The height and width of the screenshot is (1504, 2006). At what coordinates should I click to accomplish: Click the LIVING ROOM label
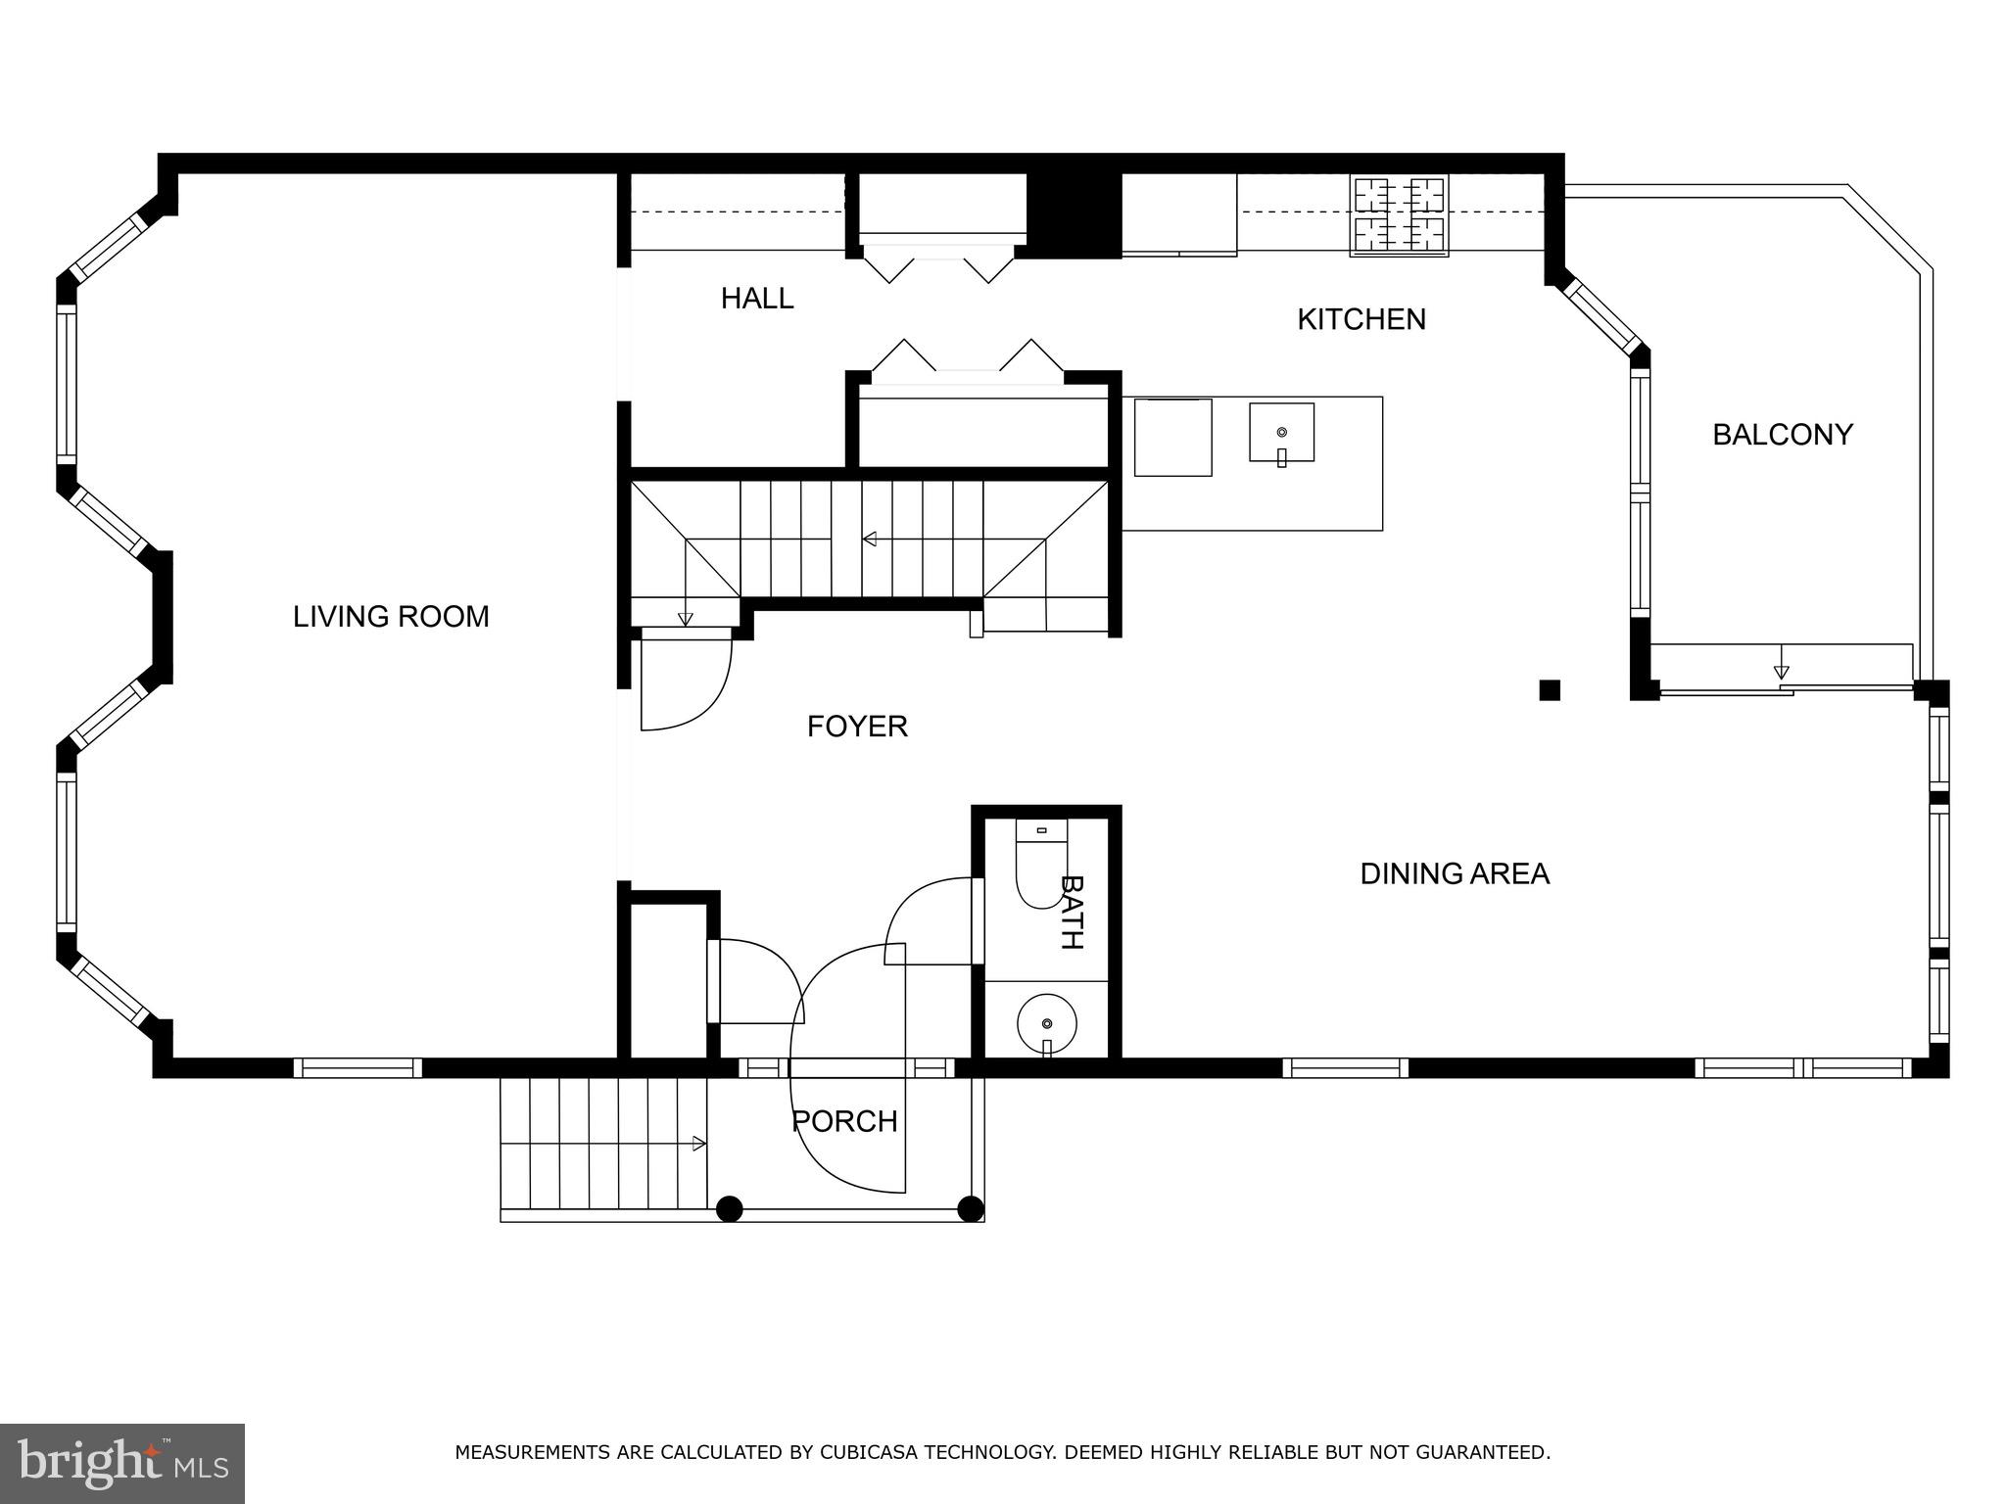pos(391,617)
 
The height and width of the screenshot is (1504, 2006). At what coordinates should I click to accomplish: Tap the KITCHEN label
pos(1361,319)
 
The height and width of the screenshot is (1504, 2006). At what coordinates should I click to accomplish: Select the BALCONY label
pos(1782,435)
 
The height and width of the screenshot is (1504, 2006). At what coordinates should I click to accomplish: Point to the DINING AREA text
pos(1454,873)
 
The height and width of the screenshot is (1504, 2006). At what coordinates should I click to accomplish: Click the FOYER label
pos(857,727)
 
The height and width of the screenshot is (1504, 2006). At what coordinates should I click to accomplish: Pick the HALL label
pos(756,299)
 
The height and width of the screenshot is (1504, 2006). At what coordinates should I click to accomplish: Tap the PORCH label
pos(844,1121)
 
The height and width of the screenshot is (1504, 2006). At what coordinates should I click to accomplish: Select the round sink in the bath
pos(1046,1023)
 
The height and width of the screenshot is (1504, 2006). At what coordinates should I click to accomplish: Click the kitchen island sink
pos(1281,433)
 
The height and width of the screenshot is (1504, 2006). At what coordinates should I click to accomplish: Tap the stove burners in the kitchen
pos(1398,215)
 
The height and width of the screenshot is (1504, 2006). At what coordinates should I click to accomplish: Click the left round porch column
pos(729,1209)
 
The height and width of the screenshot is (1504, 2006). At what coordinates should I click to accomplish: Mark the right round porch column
pos(970,1209)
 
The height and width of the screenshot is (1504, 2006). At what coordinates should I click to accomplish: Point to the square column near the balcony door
pos(1549,690)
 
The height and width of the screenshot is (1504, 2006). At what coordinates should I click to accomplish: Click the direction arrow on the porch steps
pos(699,1143)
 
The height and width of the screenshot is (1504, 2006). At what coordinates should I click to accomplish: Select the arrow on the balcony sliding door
pos(1781,672)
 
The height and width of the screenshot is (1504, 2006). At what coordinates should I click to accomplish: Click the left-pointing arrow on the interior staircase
pos(869,539)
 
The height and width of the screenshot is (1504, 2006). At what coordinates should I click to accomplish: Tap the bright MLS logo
pos(121,1463)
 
